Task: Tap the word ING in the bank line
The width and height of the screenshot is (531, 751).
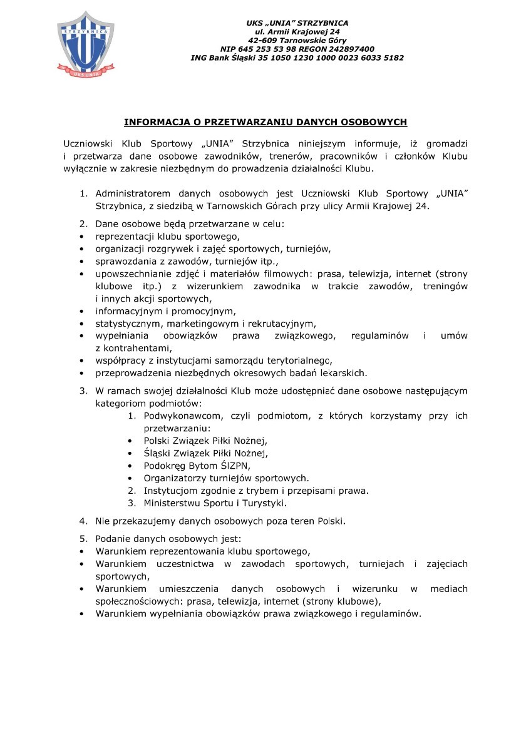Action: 199,58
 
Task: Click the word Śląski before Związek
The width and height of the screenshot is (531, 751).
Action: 158,453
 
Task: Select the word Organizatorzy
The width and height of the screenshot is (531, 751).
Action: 175,478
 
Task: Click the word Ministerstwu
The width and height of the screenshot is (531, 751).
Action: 174,503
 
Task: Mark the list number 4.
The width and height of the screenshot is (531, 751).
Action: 82,521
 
